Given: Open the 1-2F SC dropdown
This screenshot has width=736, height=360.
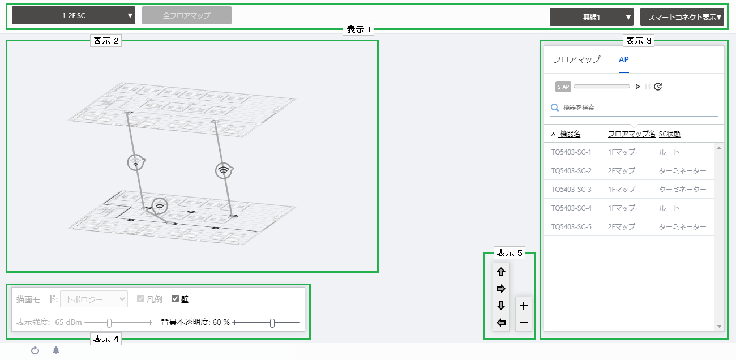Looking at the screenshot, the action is pos(74,15).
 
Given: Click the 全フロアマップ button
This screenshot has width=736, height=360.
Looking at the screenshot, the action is pos(187,15).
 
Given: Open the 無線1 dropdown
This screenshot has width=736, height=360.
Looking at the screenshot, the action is pos(592,17).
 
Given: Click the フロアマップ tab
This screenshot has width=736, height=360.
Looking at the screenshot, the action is pos(577,59).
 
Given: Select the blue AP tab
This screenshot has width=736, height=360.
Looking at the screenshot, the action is pos(624,59).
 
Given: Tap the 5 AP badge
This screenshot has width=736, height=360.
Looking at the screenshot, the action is pos(563,87).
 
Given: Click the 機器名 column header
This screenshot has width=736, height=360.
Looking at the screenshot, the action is pos(570,134).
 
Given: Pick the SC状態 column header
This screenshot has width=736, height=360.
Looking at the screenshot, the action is pos(670,134).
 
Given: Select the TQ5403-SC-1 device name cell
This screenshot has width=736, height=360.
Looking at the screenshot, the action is pos(571,152).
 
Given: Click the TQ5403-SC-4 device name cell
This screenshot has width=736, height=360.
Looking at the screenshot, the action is pos(571,208).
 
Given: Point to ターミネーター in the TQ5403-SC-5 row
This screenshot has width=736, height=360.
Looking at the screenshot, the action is pos(682,226).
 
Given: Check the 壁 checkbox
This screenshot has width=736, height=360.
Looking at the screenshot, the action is pos(175,298).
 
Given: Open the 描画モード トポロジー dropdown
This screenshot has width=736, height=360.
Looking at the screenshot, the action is pos(94,299).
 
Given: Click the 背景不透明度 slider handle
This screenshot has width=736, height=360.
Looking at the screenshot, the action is pos(272,323).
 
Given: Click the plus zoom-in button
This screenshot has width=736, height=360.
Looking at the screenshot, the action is pos(524,306).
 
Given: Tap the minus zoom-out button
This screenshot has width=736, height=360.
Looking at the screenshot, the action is pos(524,323).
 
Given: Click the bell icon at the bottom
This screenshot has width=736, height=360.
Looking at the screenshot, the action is pos(56,350).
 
